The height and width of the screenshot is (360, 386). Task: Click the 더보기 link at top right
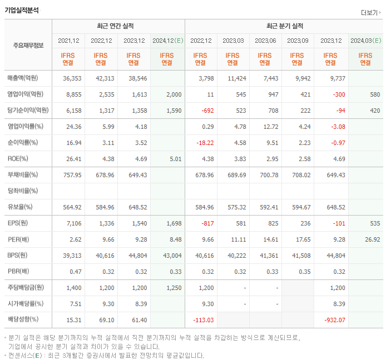point(369,13)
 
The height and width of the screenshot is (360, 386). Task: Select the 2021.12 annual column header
point(68,41)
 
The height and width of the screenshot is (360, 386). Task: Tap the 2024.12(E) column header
point(167,41)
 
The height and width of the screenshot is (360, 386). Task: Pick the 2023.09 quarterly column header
point(298,41)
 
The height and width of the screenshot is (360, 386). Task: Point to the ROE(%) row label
point(19,158)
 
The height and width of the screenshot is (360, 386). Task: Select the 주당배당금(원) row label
point(26,288)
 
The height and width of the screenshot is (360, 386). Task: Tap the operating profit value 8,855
point(73,94)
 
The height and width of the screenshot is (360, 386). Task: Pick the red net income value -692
point(205,111)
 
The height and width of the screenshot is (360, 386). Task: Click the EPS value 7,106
point(73,223)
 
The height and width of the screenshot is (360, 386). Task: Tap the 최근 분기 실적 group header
point(285,26)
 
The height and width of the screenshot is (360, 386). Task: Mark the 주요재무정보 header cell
point(28,46)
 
